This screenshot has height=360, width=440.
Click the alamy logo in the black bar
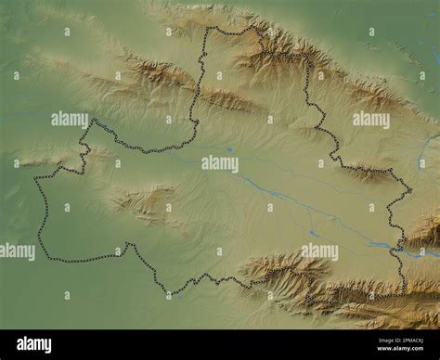[x=34, y=344]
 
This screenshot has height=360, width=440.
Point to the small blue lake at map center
[x=228, y=149]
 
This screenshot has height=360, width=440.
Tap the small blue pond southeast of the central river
[x=313, y=233]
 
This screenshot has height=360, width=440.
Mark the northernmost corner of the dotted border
[x=209, y=29]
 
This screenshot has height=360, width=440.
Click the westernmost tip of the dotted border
[x=35, y=179]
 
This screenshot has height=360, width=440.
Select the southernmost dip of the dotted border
[x=167, y=293]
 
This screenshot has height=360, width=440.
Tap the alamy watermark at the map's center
[x=220, y=163]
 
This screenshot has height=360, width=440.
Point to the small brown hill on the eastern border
[x=367, y=173]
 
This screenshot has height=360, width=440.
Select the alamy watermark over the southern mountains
[x=318, y=251]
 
